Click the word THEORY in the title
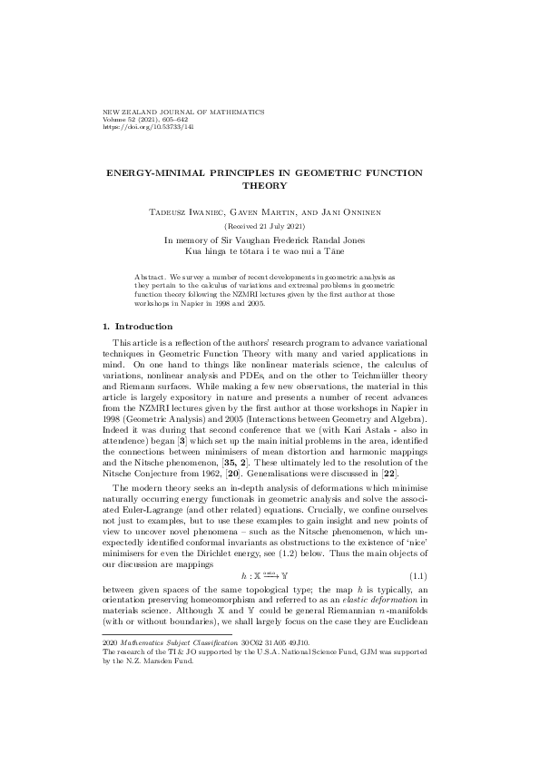tap(270, 185)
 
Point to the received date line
tap(270, 225)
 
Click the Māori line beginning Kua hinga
tap(270, 250)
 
